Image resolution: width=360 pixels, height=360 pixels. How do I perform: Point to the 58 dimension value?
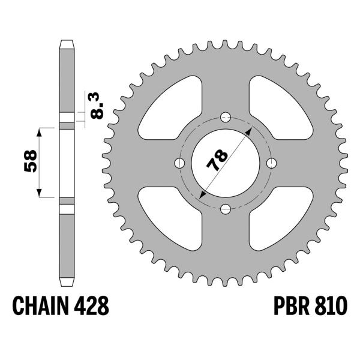[31, 161]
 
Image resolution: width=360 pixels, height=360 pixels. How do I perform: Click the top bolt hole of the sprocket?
[226, 116]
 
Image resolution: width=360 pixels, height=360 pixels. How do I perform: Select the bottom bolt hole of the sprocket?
[226, 209]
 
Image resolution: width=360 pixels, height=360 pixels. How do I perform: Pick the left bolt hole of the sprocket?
[179, 163]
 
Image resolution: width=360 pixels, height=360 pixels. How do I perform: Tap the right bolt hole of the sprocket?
[272, 163]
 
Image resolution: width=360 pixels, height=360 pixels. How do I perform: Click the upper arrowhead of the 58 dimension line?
[41, 131]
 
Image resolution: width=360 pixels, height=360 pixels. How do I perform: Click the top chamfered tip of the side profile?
[66, 44]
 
